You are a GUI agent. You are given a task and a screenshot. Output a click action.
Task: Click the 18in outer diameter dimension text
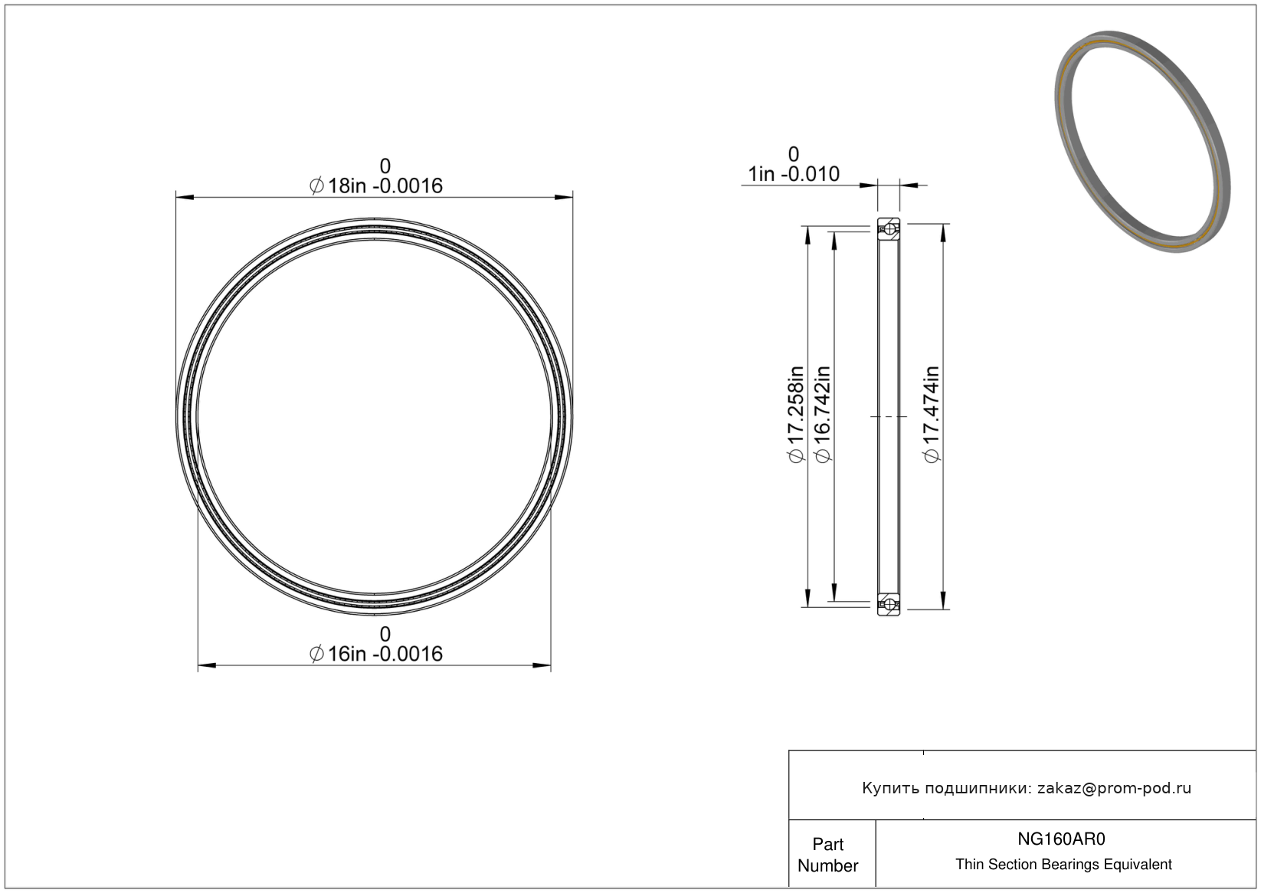(376, 186)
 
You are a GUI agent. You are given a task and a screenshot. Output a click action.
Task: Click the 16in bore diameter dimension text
(376, 654)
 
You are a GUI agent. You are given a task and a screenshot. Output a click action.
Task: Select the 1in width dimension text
(794, 175)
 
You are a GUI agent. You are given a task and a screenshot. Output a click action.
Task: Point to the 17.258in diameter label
(796, 415)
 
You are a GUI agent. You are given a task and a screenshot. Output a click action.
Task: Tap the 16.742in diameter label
(823, 415)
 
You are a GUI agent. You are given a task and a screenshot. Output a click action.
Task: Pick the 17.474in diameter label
(932, 415)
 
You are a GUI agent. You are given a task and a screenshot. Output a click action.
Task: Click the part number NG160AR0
(1061, 839)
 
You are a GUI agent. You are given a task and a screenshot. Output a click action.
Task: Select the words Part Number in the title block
(827, 855)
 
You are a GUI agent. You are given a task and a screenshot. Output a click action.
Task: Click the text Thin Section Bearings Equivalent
(1063, 865)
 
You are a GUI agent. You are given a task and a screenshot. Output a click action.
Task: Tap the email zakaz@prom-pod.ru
(1114, 788)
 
